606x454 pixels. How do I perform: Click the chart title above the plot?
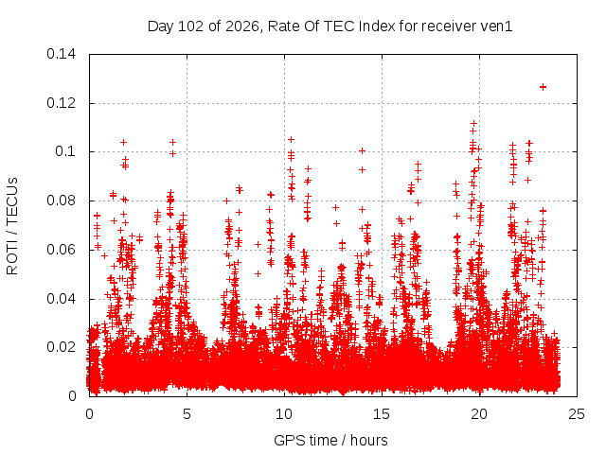click(x=330, y=26)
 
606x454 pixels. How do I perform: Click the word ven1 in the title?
click(x=496, y=26)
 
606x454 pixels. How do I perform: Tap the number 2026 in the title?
click(x=241, y=26)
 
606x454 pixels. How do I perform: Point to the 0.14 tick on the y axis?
click(x=61, y=54)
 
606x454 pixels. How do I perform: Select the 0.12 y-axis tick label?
click(x=61, y=103)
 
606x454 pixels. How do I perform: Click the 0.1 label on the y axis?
click(x=65, y=151)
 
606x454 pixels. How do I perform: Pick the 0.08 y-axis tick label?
click(x=61, y=201)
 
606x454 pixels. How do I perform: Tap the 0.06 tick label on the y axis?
click(x=61, y=250)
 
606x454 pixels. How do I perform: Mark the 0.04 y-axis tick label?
click(x=61, y=299)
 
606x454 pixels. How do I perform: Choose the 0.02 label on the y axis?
click(x=61, y=347)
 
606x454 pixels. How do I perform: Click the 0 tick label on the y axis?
click(x=72, y=396)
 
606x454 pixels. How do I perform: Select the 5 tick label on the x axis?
click(x=187, y=414)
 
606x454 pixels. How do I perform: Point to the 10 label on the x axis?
click(x=284, y=414)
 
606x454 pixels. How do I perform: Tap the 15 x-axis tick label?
click(x=382, y=414)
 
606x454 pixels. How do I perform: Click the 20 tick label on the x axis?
click(x=479, y=414)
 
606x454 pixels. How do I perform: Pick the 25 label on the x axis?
click(x=577, y=414)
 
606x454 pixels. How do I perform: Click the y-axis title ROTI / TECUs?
click(x=12, y=226)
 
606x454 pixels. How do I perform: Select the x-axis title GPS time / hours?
click(x=330, y=440)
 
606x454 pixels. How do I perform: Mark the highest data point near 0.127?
click(x=543, y=87)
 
